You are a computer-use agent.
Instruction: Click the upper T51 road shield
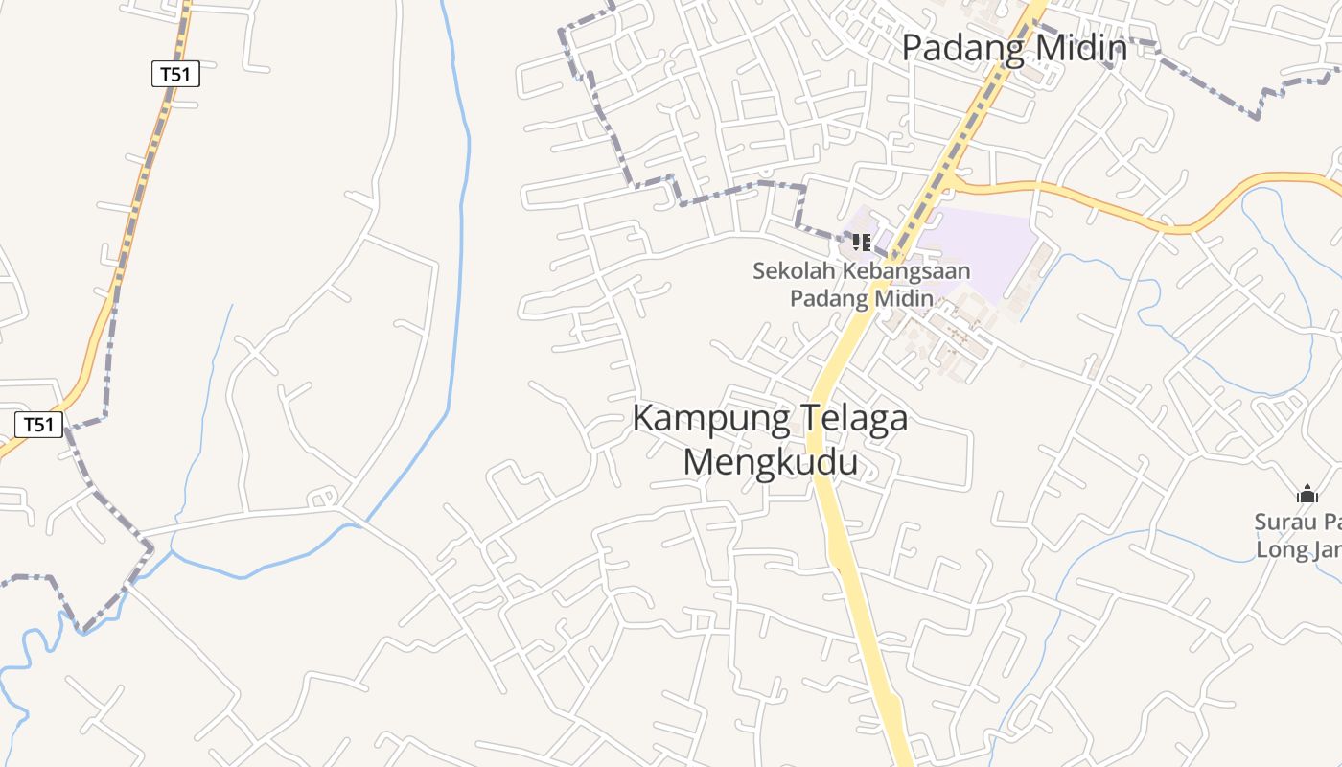click(x=175, y=74)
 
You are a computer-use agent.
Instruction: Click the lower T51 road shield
click(x=38, y=425)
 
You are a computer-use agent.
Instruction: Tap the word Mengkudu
click(x=771, y=462)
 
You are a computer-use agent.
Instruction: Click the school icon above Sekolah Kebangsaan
click(x=861, y=242)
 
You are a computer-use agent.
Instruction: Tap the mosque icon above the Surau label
click(x=1307, y=495)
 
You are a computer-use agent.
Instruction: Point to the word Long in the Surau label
click(x=1277, y=550)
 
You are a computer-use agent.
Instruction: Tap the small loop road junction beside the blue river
click(x=323, y=498)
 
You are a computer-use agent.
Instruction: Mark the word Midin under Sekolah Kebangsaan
click(x=906, y=298)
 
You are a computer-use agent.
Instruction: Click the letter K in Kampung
click(x=643, y=419)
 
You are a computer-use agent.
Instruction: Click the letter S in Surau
click(x=1261, y=523)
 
